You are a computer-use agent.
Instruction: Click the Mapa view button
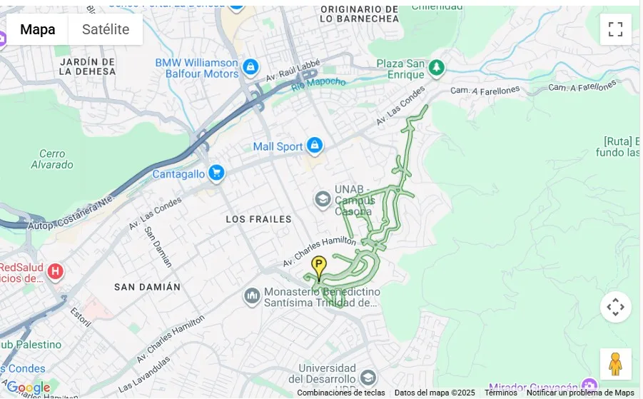(x=37, y=29)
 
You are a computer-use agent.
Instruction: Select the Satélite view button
(x=106, y=29)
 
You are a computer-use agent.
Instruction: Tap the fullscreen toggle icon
(x=615, y=29)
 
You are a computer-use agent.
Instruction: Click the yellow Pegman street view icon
(x=615, y=364)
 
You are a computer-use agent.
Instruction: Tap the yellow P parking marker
(x=319, y=266)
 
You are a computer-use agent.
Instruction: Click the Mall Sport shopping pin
(x=314, y=146)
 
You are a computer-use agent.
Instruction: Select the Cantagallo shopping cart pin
(x=217, y=173)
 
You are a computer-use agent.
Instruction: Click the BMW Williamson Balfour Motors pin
(x=250, y=68)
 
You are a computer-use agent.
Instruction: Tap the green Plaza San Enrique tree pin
(x=436, y=69)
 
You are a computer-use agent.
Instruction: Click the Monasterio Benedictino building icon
(x=251, y=296)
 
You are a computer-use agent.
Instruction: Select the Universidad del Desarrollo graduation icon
(x=368, y=378)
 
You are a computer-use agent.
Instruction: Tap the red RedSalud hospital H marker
(x=55, y=271)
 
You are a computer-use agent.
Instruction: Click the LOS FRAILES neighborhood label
(x=258, y=219)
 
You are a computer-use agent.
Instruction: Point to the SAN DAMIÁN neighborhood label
(x=148, y=286)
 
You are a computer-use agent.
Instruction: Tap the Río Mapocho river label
(x=318, y=83)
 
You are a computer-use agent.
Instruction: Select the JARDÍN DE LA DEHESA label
(x=87, y=66)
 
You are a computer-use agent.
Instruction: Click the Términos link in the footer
(x=500, y=393)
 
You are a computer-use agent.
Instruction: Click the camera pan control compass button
(x=615, y=307)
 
